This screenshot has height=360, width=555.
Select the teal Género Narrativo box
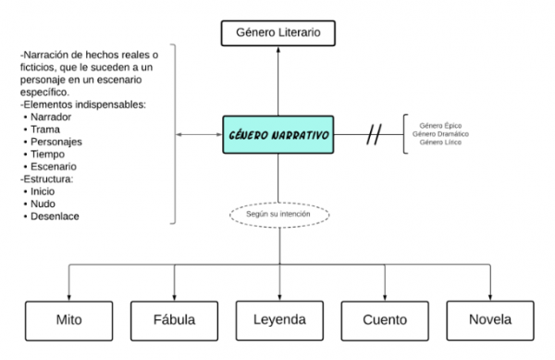coord(278,134)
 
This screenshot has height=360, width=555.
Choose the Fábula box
coord(173,322)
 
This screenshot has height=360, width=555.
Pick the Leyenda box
coord(278,322)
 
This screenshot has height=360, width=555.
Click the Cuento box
coord(385,322)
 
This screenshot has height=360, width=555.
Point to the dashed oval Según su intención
coord(278,214)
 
